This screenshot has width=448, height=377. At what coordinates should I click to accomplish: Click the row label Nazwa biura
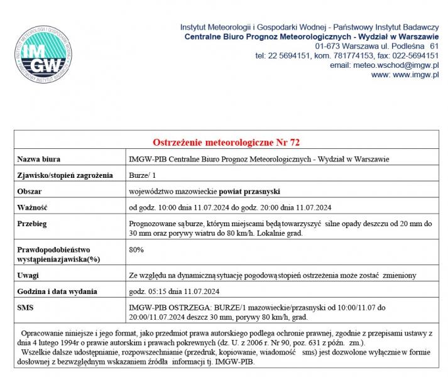pyautogui.click(x=38, y=159)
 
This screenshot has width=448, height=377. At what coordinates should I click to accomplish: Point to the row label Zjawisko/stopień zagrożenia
pyautogui.click(x=65, y=175)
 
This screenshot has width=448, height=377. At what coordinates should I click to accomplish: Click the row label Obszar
pyautogui.click(x=30, y=190)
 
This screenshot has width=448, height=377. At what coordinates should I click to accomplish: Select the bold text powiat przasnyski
pyautogui.click(x=249, y=190)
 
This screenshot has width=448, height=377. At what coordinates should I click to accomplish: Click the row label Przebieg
pyautogui.click(x=33, y=223)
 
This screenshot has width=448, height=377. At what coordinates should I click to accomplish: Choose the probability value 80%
pyautogui.click(x=136, y=249)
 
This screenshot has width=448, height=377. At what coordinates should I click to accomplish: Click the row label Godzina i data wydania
pyautogui.click(x=57, y=292)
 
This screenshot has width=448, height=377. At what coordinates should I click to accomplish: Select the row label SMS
pyautogui.click(x=26, y=308)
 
